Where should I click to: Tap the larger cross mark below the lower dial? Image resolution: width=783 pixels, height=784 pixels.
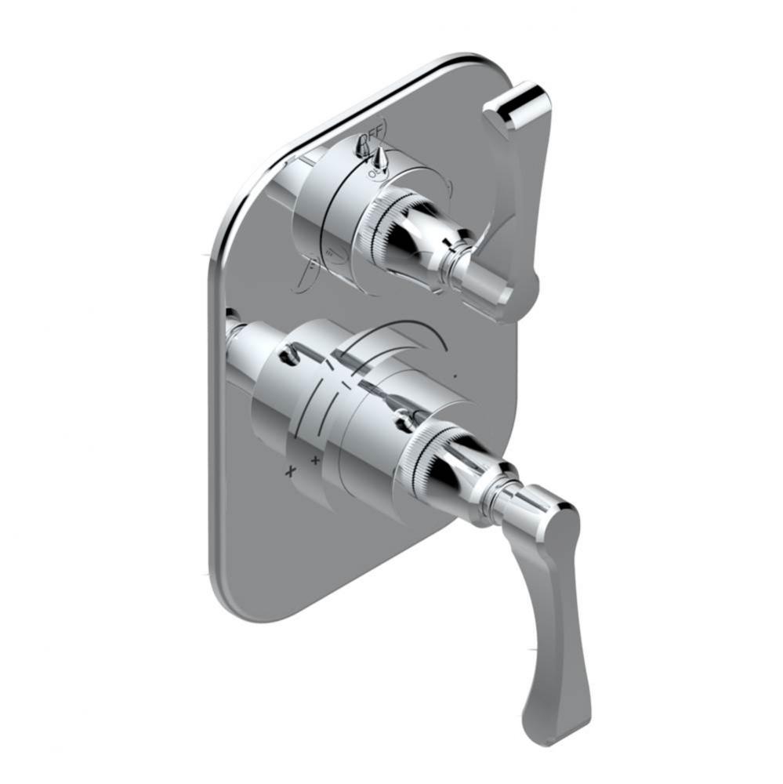point(290,471)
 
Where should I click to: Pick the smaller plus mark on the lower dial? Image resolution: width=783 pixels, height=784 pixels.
point(316,460)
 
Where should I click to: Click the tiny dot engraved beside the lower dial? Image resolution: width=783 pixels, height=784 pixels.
point(456,377)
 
